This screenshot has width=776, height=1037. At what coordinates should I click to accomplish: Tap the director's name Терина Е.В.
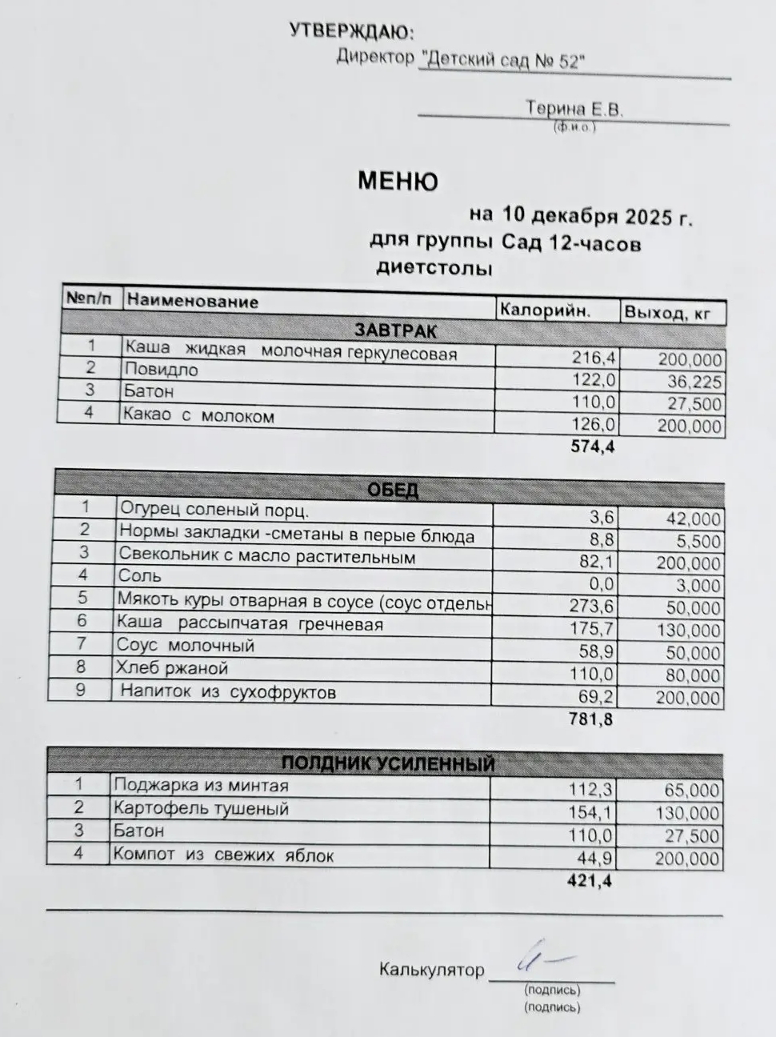574,109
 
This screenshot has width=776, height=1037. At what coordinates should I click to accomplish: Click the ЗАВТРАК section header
396,330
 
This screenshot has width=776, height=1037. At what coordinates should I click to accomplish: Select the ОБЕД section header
393,489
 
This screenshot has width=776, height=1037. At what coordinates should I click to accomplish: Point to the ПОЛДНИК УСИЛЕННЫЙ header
388,763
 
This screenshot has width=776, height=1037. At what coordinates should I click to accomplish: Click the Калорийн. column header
544,310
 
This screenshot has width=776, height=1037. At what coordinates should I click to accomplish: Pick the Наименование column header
192,301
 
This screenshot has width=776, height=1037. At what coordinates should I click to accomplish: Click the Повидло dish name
161,370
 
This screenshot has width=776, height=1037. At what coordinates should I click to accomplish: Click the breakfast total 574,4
593,446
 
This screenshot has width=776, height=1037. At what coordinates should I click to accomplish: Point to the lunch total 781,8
591,719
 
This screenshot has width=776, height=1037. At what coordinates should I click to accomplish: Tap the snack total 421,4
590,881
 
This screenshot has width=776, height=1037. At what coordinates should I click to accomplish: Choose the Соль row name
140,575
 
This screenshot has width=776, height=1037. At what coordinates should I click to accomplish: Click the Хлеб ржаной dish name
172,668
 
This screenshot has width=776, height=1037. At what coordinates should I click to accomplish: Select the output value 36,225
691,382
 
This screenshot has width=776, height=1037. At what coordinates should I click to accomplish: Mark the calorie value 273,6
591,607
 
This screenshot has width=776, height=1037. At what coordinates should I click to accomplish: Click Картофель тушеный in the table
201,808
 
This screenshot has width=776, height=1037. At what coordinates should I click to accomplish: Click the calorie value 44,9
594,858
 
